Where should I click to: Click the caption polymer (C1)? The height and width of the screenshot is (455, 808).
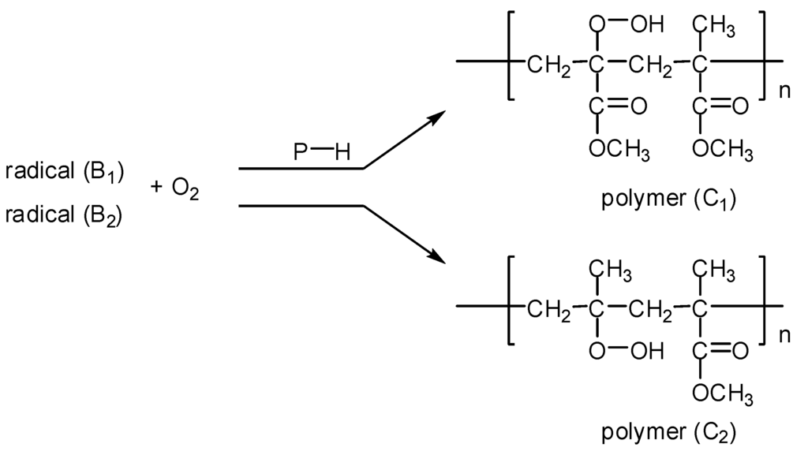pyautogui.click(x=668, y=199)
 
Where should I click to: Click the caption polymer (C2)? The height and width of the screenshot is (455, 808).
pyautogui.click(x=668, y=432)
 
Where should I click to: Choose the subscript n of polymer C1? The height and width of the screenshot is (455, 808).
pyautogui.click(x=784, y=90)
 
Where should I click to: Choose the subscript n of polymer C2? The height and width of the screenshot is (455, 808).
pyautogui.click(x=784, y=334)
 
